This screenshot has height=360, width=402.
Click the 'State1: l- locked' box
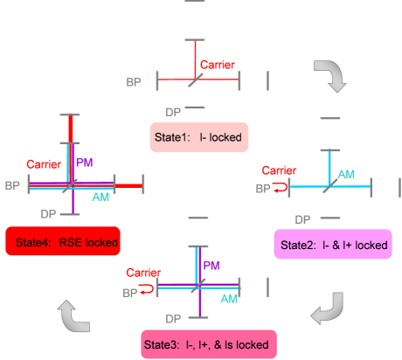point(198,137)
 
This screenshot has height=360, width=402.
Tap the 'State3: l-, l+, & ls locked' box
point(209,343)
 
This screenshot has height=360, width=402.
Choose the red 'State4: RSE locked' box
point(62,240)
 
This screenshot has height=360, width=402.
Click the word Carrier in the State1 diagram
point(218,66)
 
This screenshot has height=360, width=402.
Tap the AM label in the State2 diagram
point(346,174)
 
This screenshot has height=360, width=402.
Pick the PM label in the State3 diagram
point(211,266)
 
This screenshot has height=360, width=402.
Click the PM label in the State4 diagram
point(84,163)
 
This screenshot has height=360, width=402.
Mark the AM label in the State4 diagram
point(101,197)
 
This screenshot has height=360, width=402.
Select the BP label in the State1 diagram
point(134,81)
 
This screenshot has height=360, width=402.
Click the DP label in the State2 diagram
point(302,219)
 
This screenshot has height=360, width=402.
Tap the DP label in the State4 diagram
point(49,213)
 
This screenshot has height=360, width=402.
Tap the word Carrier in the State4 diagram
point(44,164)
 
